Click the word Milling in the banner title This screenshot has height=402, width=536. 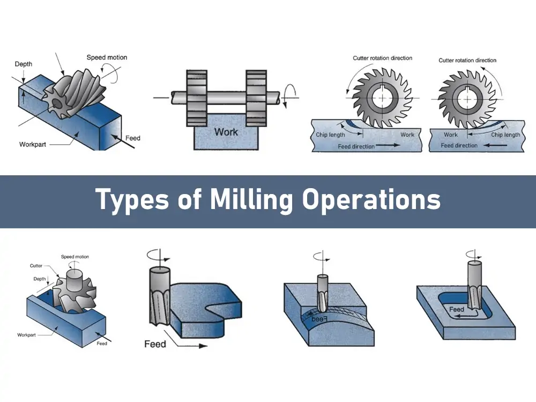point(251,200)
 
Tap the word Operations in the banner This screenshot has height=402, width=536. point(371,200)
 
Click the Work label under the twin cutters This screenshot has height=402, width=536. point(226,132)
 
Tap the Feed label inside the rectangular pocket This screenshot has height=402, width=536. point(457,309)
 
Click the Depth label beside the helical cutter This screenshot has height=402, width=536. point(24,64)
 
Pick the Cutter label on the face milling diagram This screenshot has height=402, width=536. point(36,265)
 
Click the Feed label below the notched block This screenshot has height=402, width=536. point(155,344)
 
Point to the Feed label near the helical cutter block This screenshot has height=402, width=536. point(133,138)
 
